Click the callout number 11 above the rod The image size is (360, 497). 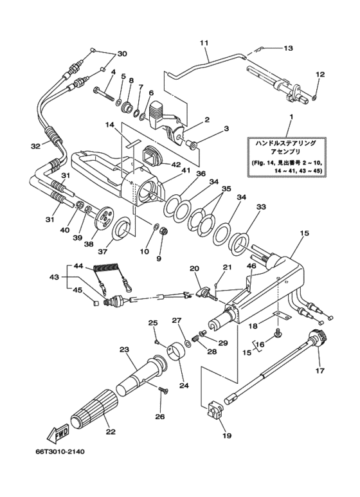click(x=204, y=43)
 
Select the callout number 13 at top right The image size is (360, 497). click(x=287, y=48)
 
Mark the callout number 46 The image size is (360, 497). click(x=251, y=265)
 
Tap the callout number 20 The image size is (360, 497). click(x=194, y=268)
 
